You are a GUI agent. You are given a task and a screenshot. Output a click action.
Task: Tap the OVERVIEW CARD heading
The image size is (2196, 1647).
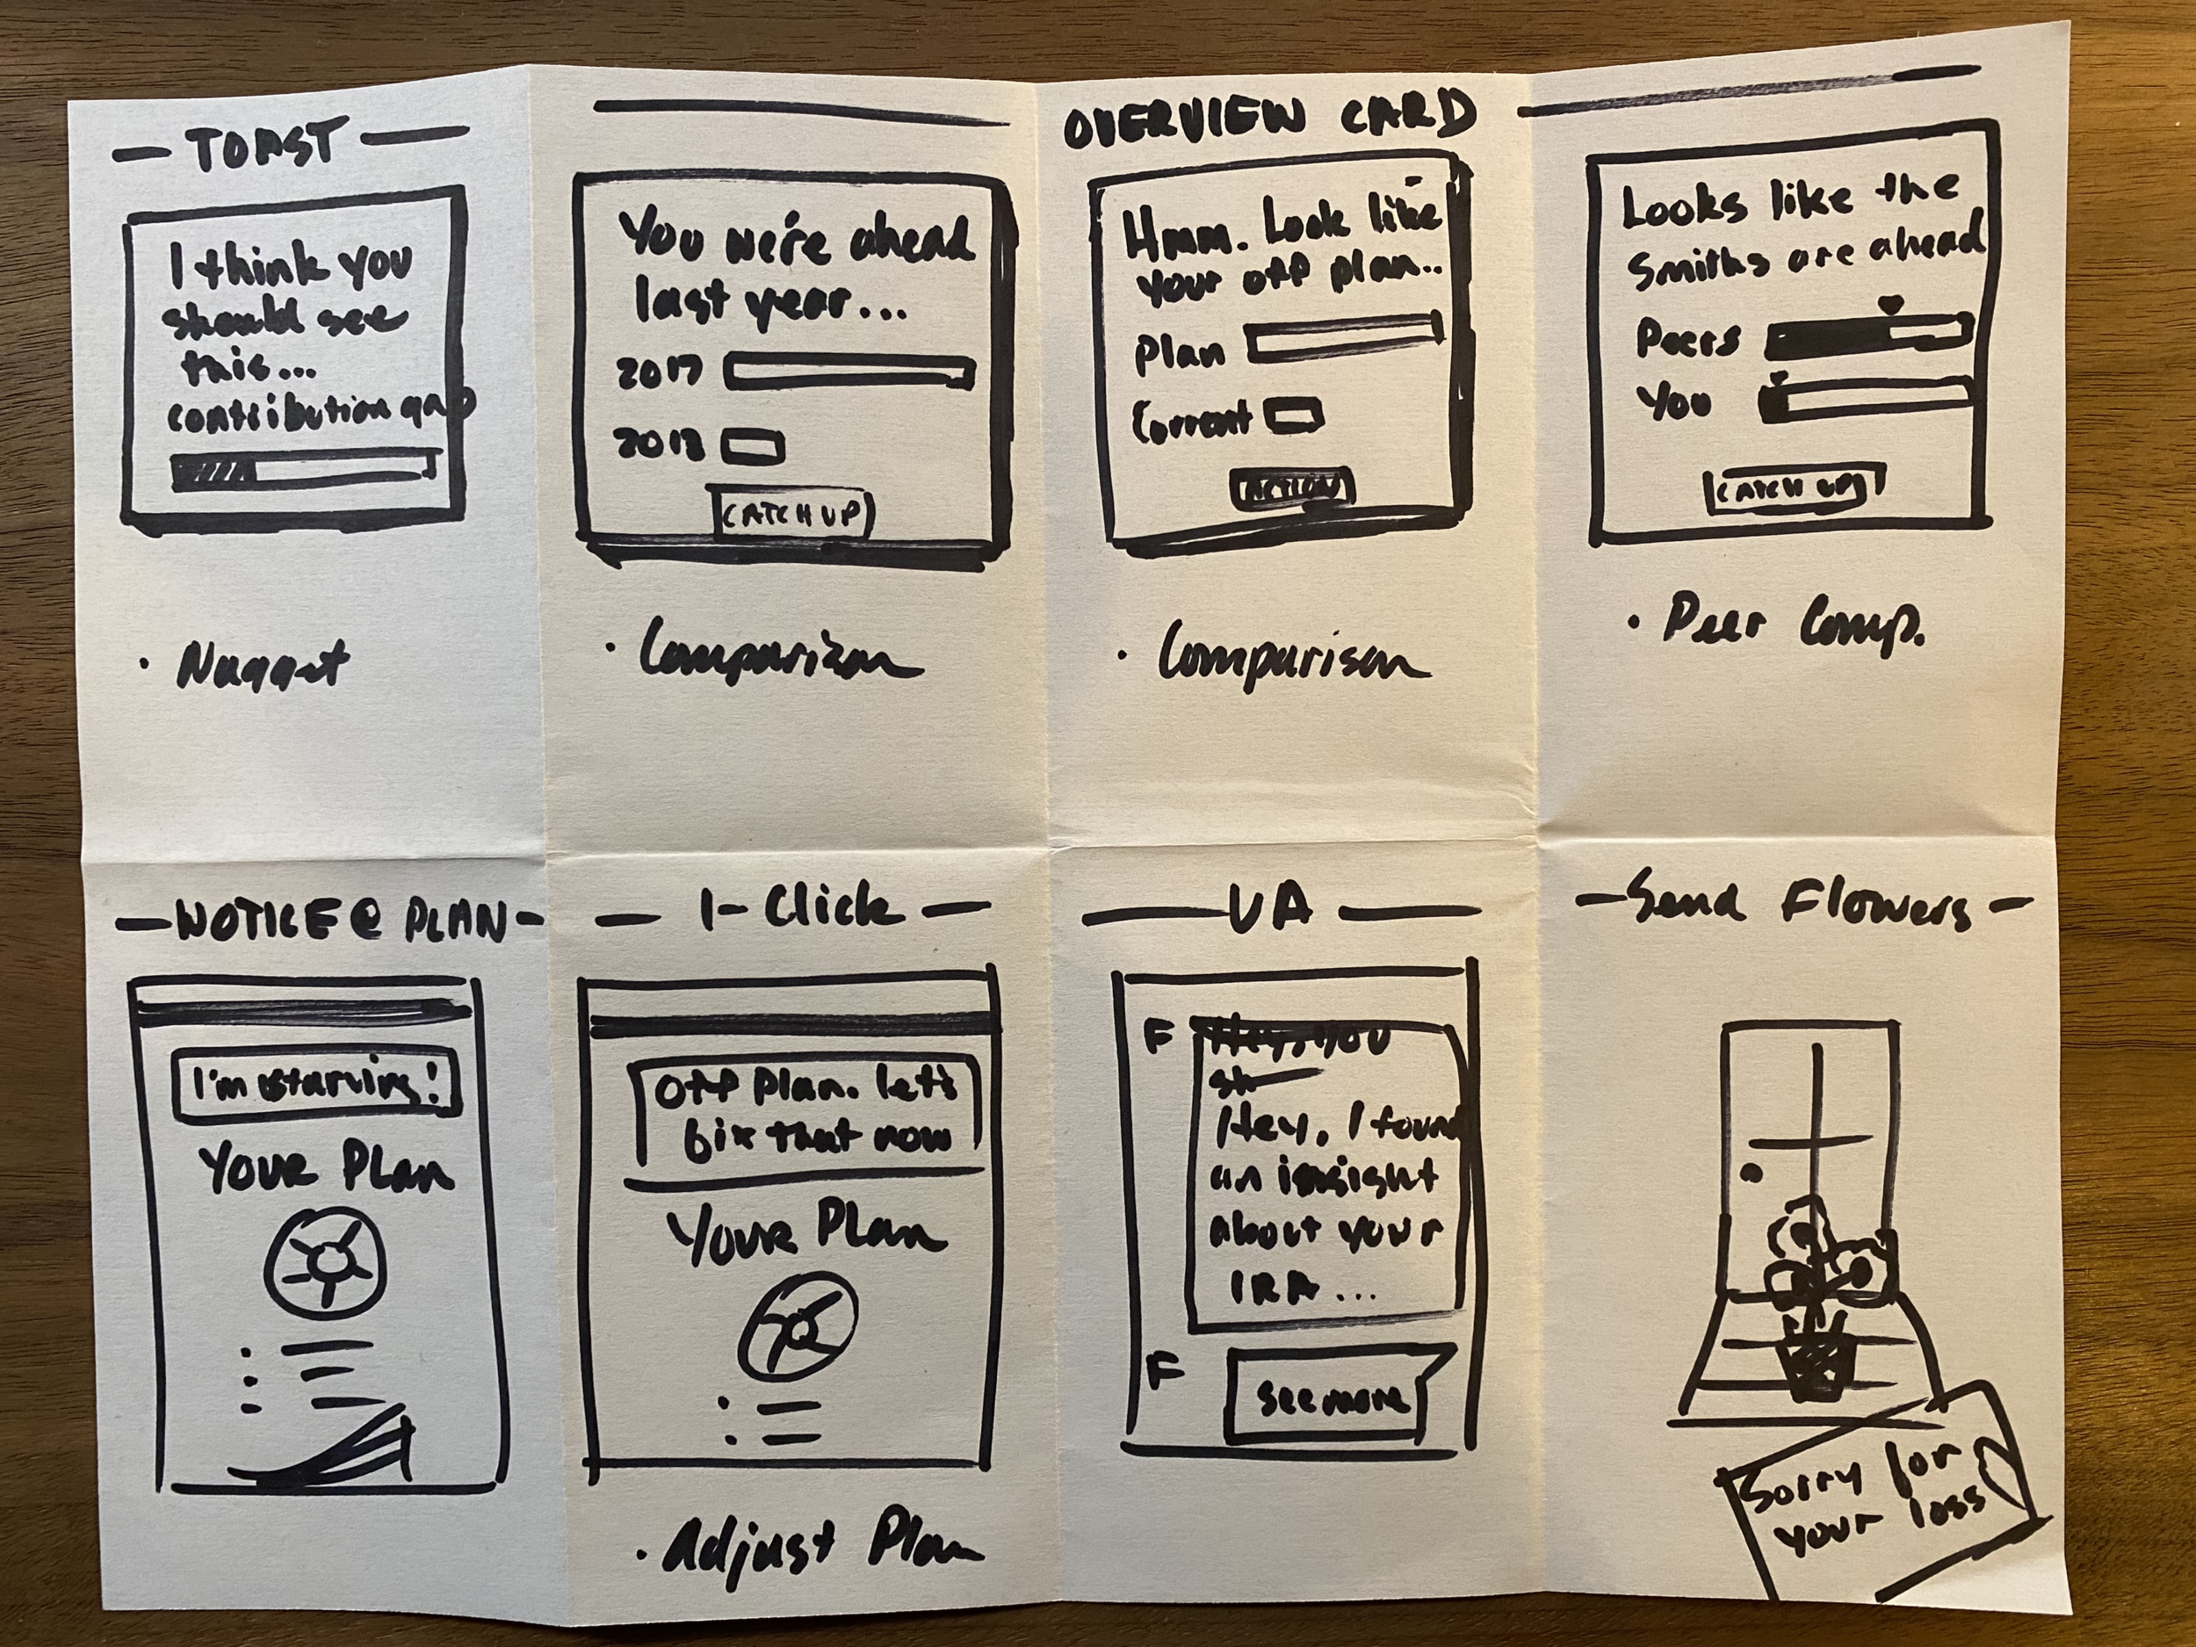coord(1265,121)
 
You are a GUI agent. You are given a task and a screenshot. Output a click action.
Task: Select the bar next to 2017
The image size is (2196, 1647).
coord(849,372)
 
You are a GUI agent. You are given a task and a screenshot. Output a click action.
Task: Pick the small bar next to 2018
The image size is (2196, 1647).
coord(753,448)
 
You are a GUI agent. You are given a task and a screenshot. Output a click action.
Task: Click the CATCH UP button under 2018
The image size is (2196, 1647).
coord(794,513)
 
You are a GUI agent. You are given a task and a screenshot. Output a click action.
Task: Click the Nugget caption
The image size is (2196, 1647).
coord(260,665)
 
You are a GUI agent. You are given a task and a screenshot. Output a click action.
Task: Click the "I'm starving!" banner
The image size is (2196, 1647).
coord(315,1083)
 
